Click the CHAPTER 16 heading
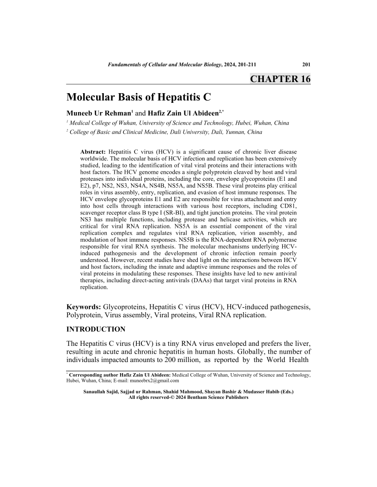pos(280,79)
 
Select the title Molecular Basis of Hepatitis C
pos(139,98)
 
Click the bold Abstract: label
pos(93,152)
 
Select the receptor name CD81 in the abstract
pos(289,206)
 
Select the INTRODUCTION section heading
pos(96,329)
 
